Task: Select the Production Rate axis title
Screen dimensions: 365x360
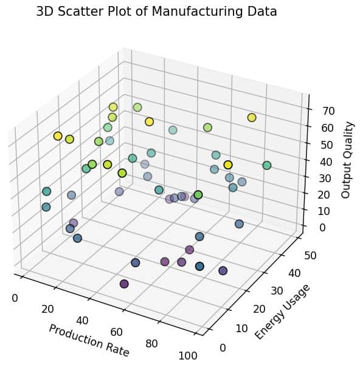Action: pyautogui.click(x=89, y=340)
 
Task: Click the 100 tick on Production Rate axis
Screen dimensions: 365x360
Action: pyautogui.click(x=189, y=355)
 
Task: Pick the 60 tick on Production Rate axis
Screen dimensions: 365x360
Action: pyautogui.click(x=117, y=332)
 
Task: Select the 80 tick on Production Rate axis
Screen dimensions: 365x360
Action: pyautogui.click(x=151, y=344)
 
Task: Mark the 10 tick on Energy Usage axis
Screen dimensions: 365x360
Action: pyautogui.click(x=241, y=329)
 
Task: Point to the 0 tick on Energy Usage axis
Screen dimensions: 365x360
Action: pyautogui.click(x=223, y=347)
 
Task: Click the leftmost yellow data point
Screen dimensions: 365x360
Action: pyautogui.click(x=58, y=136)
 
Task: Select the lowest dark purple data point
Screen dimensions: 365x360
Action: pyautogui.click(x=125, y=284)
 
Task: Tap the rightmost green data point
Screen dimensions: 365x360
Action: pyautogui.click(x=266, y=165)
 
